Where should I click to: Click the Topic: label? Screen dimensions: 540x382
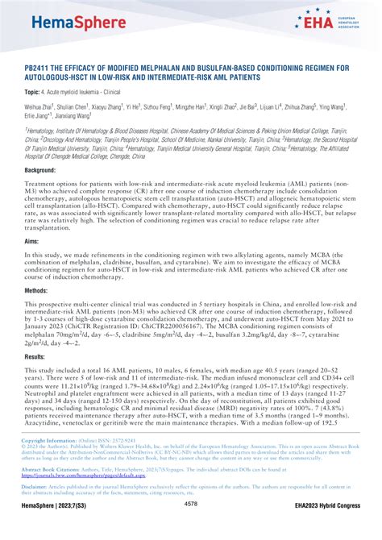(x=36, y=93)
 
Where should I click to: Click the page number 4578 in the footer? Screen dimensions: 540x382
(x=191, y=526)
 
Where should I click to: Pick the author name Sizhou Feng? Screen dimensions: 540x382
(x=160, y=106)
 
